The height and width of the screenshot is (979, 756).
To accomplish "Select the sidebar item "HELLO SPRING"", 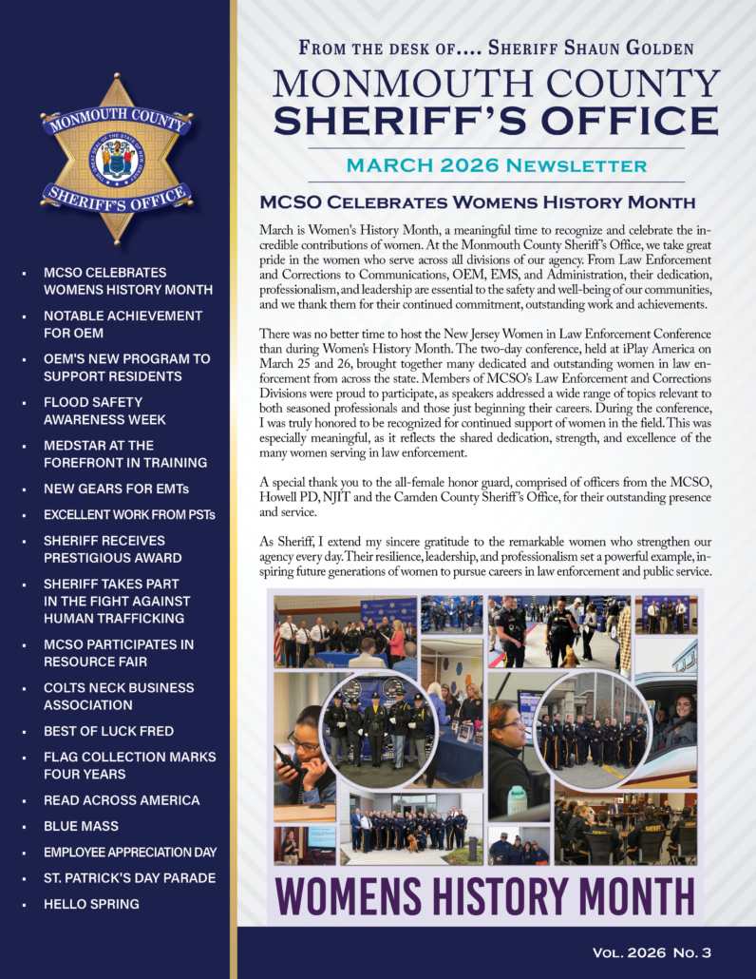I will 91,904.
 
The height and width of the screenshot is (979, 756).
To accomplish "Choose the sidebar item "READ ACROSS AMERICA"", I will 122,800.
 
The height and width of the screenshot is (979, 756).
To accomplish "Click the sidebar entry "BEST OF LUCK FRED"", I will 108,731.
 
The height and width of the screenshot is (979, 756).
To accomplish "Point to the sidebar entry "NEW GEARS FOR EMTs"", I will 117,489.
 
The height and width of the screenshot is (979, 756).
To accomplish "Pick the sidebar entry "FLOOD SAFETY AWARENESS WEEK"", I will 104,411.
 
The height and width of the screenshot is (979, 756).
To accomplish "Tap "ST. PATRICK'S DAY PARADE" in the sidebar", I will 129,878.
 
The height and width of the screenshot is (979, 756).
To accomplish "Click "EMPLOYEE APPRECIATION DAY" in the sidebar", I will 130,853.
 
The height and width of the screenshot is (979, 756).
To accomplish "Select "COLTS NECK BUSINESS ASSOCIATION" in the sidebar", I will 120,696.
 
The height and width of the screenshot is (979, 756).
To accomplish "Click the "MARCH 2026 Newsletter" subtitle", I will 497,165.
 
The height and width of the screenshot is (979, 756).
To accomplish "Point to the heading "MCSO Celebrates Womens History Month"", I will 478,202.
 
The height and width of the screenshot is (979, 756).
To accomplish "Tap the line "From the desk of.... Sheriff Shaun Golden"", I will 496,48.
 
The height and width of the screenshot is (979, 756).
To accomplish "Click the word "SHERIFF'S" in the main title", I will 391,121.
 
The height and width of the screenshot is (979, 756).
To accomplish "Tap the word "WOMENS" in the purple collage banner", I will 353,896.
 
